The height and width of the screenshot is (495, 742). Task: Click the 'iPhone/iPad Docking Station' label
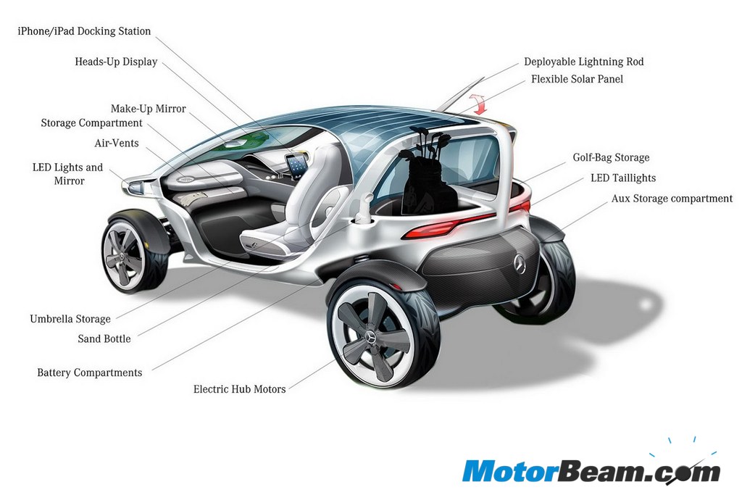coord(84,32)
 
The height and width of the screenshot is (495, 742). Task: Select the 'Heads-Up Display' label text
coord(116,62)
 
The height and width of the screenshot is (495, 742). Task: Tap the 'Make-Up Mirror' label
coord(148,109)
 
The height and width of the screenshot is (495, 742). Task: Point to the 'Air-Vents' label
coord(117,143)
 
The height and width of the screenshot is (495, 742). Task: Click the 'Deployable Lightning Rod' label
coord(583,62)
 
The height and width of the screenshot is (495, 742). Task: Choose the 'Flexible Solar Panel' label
coord(577,79)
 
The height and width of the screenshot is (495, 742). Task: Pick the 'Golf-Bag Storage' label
coord(611,157)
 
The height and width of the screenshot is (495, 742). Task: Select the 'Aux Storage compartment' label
coord(672,199)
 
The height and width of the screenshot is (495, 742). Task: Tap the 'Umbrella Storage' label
coord(70,319)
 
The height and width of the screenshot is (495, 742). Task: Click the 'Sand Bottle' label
coord(104,338)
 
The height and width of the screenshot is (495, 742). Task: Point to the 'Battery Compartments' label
coord(90,373)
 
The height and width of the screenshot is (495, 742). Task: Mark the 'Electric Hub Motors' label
coord(239,389)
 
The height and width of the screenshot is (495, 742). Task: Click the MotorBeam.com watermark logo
coord(591,471)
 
